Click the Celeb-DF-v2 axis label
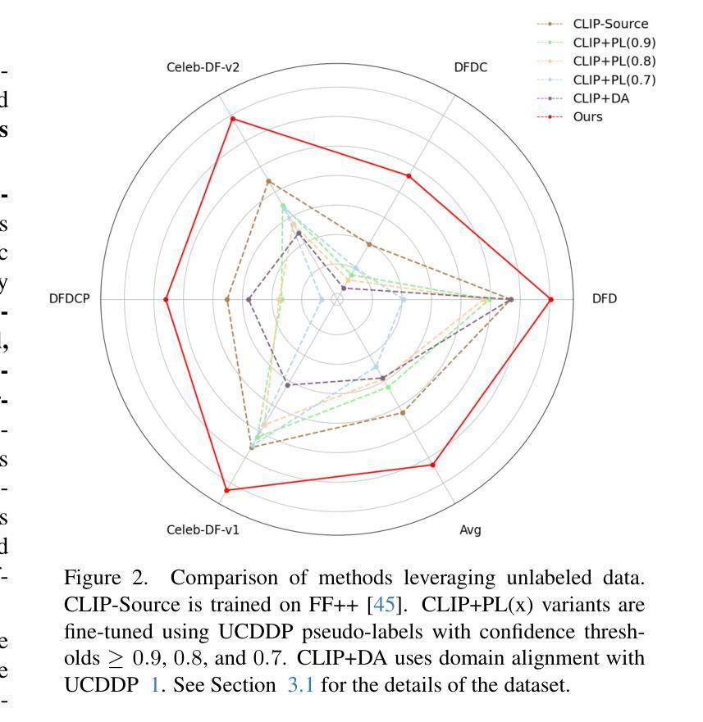pyautogui.click(x=203, y=68)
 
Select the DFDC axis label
pyautogui.click(x=470, y=68)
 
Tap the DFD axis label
pyautogui.click(x=605, y=299)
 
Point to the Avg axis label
pyautogui.click(x=470, y=530)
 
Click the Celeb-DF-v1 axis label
pyautogui.click(x=203, y=530)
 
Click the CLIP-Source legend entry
pyautogui.click(x=610, y=24)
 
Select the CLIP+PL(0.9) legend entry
pyautogui.click(x=614, y=43)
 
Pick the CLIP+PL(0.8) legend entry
pyautogui.click(x=614, y=61)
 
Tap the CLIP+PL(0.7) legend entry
pyautogui.click(x=614, y=79)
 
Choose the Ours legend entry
pyautogui.click(x=587, y=116)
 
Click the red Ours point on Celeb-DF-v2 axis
pyautogui.click(x=232, y=119)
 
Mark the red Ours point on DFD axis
pyautogui.click(x=550, y=299)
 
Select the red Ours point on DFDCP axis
pyautogui.click(x=166, y=299)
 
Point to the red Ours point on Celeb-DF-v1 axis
pyautogui.click(x=226, y=490)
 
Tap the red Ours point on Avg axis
pyautogui.click(x=433, y=465)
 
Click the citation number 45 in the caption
pyautogui.click(x=384, y=606)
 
